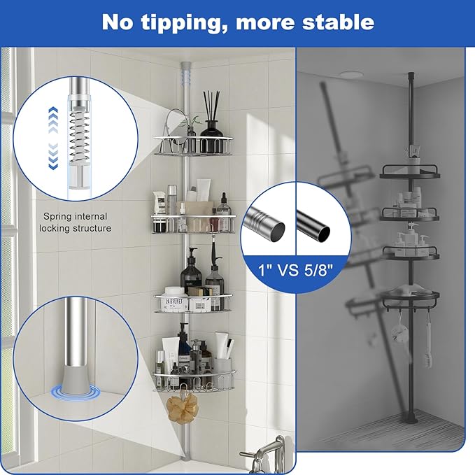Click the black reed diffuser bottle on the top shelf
[x=211, y=127]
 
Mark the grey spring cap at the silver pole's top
[x=185, y=68]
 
